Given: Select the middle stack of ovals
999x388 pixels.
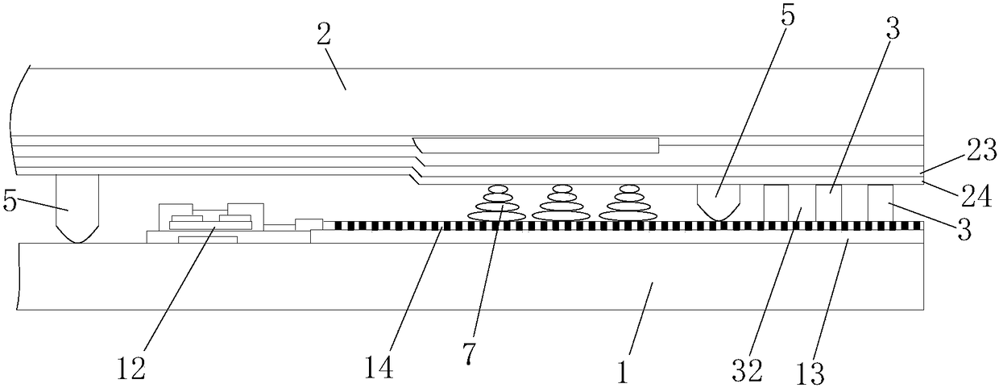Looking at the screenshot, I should [562, 204].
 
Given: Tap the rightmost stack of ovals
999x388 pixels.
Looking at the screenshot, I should [628, 204].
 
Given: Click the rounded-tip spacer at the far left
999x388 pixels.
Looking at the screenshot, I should [77, 208].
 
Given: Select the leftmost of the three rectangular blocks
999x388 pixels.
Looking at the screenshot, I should [776, 202].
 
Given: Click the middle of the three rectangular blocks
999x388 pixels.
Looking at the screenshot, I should [828, 202].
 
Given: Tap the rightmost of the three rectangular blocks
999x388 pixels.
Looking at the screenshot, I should [881, 202].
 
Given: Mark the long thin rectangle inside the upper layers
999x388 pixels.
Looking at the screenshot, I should [540, 145].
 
